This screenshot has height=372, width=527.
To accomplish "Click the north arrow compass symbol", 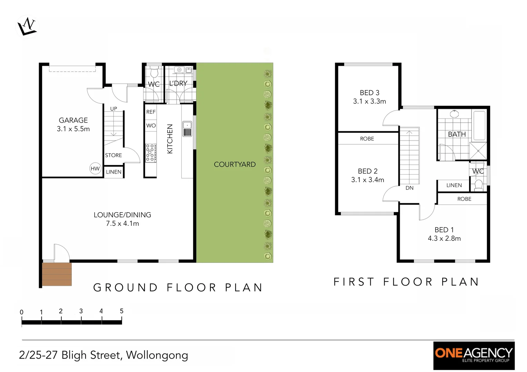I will (27, 27).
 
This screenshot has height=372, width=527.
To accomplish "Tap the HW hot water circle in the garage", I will (95, 168).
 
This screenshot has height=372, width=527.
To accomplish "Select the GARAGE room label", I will (73, 120).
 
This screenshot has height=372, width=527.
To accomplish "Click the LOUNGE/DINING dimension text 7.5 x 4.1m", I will (122, 224).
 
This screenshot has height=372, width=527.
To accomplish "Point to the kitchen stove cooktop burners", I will (151, 153).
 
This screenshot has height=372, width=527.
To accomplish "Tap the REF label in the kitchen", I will (151, 112).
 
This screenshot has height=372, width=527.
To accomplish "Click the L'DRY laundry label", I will (178, 83).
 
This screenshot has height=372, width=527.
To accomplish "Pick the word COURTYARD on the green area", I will (235, 164).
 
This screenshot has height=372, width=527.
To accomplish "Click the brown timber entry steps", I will (57, 274).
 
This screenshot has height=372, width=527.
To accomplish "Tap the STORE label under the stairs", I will (113, 155).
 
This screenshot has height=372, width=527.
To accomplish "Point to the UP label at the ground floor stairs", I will (113, 108).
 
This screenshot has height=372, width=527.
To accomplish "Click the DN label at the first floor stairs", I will (409, 188).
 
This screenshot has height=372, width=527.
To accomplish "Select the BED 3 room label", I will (369, 93).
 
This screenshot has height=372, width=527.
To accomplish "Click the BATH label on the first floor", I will (457, 134).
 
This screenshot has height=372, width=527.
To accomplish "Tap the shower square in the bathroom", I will (478, 151).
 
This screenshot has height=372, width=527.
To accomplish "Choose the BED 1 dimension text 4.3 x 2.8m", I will (444, 238).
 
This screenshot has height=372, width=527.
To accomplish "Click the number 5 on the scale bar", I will (121, 311).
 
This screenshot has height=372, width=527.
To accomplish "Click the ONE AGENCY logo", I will (474, 355).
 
